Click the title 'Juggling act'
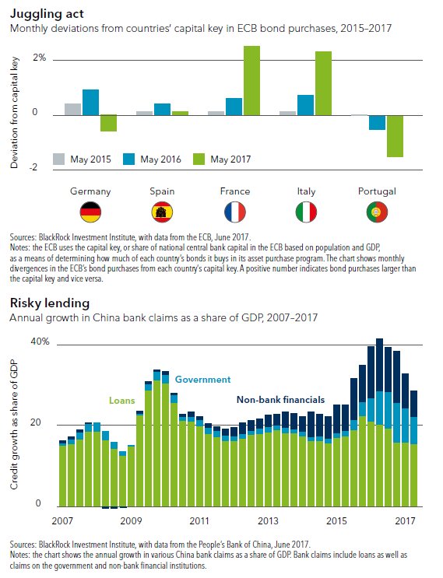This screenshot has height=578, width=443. [x=47, y=14]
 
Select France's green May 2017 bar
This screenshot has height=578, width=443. [x=251, y=81]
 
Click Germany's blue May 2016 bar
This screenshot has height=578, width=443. [x=91, y=103]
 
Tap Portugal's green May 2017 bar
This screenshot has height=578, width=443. [x=395, y=136]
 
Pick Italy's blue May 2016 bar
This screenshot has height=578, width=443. [x=306, y=106]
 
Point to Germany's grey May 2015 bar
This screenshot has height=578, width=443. [x=72, y=110]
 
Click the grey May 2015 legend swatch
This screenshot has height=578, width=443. [x=59, y=159]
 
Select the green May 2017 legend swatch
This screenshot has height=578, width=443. [x=199, y=159]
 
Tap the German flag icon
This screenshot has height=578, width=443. [x=90, y=212]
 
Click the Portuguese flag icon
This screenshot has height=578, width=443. [x=377, y=212]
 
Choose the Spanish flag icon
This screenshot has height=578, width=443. [x=162, y=212]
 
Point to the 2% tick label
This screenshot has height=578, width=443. [x=39, y=58]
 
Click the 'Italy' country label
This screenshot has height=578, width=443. [x=306, y=191]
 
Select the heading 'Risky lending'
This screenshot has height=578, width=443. [x=50, y=303]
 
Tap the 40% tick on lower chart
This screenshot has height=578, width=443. [x=40, y=342]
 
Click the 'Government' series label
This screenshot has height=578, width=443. [x=203, y=380]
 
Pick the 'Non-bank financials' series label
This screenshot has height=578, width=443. [x=281, y=400]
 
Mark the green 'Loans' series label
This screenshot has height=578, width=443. [x=122, y=401]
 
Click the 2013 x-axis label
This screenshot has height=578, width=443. [x=268, y=520]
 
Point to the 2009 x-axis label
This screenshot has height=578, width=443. [x=131, y=520]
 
